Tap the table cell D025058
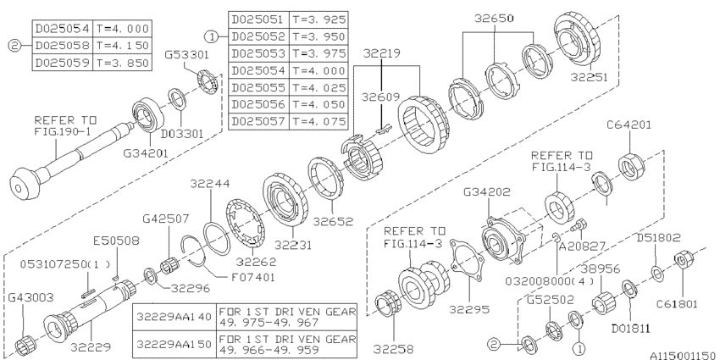60,44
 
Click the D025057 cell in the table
257,120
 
